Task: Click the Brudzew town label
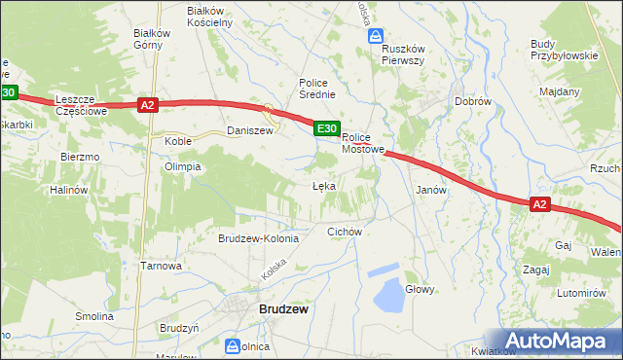pos(283,309)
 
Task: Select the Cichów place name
pos(345,232)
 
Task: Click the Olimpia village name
pos(182,166)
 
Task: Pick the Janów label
pos(430,191)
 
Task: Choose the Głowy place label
pos(420,289)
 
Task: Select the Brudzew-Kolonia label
pos(258,238)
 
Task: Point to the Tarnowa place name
pos(162,266)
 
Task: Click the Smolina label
pos(94,316)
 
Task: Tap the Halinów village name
pos(69,190)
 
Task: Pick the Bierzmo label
pos(80,157)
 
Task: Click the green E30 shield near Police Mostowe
pos(326,127)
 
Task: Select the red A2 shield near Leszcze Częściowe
pos(147,105)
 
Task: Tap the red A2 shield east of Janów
pos(541,204)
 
